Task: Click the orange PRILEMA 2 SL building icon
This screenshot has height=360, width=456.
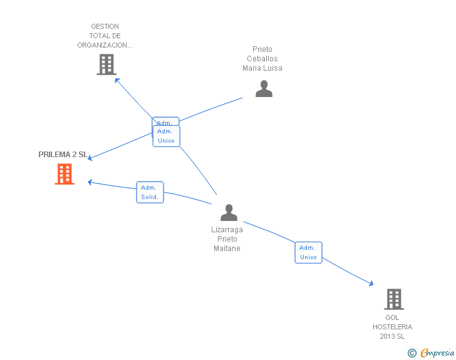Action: (x=65, y=174)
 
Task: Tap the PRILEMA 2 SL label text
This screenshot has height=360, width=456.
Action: (x=63, y=155)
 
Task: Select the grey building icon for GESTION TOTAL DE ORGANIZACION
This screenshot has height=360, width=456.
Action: (x=106, y=64)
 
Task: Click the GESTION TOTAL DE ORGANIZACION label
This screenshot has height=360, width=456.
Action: (x=105, y=36)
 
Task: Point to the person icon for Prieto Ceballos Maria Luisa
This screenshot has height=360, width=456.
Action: (x=264, y=89)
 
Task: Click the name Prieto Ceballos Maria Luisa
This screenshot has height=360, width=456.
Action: (x=262, y=59)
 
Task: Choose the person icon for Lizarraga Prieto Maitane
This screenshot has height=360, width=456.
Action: (x=229, y=213)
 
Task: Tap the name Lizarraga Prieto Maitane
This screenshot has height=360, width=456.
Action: (x=227, y=239)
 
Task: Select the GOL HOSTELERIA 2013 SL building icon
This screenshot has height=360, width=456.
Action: (x=393, y=299)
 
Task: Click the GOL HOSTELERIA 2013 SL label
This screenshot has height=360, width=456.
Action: (x=393, y=327)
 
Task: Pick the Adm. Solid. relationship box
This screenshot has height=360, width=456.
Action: (x=150, y=192)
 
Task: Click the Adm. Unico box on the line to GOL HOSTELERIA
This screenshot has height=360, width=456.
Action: (x=308, y=252)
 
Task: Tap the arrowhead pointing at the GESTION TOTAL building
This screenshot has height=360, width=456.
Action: (x=117, y=80)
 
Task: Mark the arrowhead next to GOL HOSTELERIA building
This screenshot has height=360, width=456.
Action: (x=370, y=284)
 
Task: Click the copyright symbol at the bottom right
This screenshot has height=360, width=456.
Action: (x=412, y=353)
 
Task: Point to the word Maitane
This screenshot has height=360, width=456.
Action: (x=227, y=249)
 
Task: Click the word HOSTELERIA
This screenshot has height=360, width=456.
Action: (x=393, y=327)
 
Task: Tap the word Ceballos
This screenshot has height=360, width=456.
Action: (x=262, y=59)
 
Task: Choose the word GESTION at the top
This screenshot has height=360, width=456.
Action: (x=105, y=27)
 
